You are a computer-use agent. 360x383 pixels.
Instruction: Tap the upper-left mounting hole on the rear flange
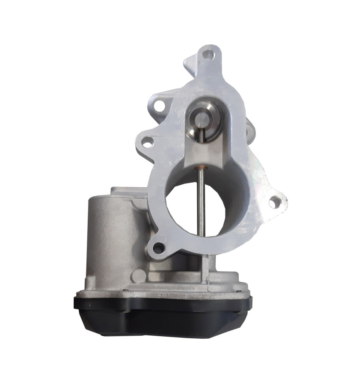pyautogui.click(x=160, y=103)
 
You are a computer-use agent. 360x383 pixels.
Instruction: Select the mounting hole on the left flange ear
pyautogui.click(x=147, y=143)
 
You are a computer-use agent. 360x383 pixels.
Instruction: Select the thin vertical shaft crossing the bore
pyautogui.click(x=201, y=200)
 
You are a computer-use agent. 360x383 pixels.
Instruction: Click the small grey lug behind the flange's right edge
pyautogui.click(x=250, y=128)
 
